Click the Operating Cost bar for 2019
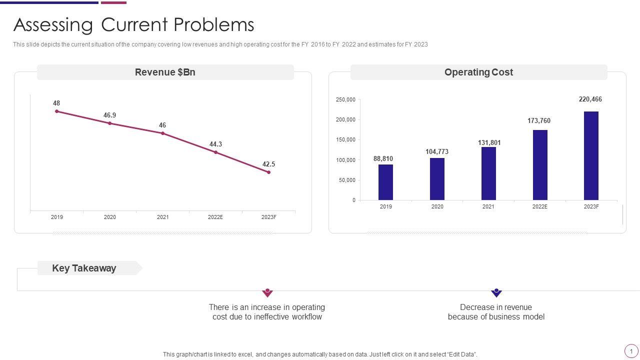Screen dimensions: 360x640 [385, 182]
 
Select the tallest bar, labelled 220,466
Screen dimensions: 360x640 [591, 155]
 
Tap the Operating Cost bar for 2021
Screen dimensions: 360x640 [488, 173]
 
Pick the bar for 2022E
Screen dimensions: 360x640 [540, 165]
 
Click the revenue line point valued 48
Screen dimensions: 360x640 [57, 111]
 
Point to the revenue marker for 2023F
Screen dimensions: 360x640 [269, 172]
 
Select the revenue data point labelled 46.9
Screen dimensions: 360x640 [110, 123]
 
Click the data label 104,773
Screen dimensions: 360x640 [437, 152]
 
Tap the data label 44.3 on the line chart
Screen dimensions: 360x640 [215, 144]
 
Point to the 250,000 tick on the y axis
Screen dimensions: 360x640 [345, 100]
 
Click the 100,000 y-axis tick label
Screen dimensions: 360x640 [345, 160]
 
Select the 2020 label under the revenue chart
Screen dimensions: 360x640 [110, 217]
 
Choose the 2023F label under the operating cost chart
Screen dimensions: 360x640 [591, 206]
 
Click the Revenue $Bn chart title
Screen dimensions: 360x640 [165, 72]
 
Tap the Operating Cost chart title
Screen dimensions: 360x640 [478, 72]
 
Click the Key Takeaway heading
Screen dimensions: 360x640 [84, 268]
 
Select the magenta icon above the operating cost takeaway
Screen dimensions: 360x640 [267, 292]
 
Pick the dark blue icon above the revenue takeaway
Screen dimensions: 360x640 [496, 292]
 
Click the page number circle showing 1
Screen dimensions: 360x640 [631, 351]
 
